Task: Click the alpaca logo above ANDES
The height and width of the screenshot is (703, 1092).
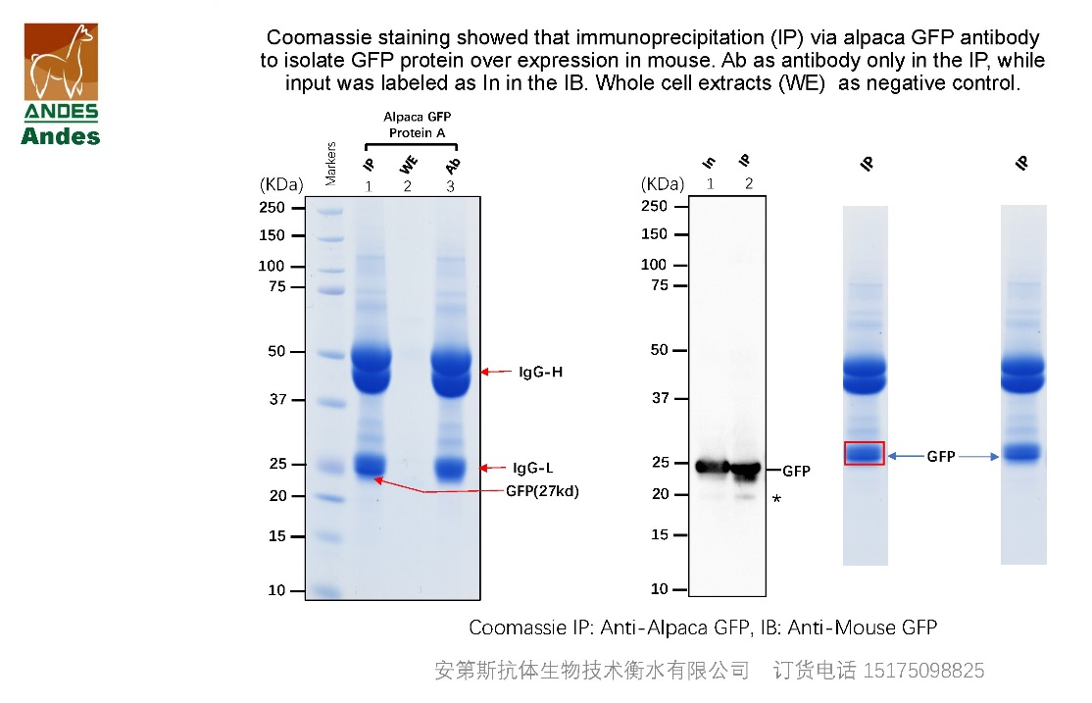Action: pos(61,61)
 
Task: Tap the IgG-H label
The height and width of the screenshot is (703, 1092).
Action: pos(540,373)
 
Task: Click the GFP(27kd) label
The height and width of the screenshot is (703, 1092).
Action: pos(542,491)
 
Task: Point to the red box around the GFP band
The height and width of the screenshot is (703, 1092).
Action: pos(864,453)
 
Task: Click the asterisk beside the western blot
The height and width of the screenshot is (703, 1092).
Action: pos(776,501)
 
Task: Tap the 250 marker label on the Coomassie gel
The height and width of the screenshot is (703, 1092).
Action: pos(273,208)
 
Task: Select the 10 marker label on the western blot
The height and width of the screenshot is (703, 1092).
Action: pos(659,589)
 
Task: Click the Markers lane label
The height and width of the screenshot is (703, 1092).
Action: pos(330,162)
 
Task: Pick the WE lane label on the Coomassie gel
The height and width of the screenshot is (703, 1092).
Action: pos(408,165)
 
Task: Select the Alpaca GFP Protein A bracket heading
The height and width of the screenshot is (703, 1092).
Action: pos(417,125)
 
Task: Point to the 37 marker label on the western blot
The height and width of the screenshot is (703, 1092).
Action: pos(659,398)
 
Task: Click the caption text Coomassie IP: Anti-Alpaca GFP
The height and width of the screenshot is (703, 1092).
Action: pos(589,628)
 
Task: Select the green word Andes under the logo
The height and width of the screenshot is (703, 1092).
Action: pos(61,136)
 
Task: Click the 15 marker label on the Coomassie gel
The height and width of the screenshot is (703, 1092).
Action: pos(276,536)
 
